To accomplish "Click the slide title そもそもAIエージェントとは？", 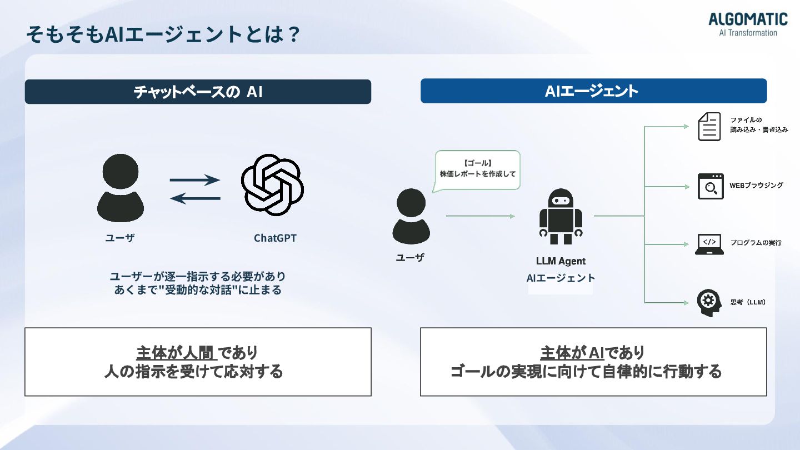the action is click(163, 35).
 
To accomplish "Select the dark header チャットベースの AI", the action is click(198, 92).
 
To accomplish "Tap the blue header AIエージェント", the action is click(593, 91).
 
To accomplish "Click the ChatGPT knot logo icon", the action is click(272, 184).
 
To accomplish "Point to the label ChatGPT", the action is click(275, 238).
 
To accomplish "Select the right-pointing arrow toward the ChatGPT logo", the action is click(195, 179).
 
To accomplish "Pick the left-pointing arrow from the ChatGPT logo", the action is click(195, 198).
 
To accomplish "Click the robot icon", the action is click(561, 217).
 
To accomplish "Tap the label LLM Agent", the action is click(561, 261).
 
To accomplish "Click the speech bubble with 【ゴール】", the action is click(477, 169).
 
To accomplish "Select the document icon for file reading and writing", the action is click(709, 126).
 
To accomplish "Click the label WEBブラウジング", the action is click(756, 185).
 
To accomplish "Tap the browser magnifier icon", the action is click(711, 186).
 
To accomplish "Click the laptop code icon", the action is click(709, 244).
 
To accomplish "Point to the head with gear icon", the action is click(708, 303).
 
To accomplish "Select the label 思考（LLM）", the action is click(748, 303).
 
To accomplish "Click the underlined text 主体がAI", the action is click(572, 352).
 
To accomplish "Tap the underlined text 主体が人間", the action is click(175, 352).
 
